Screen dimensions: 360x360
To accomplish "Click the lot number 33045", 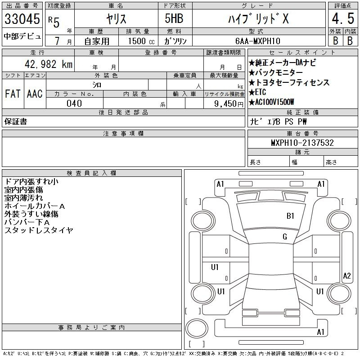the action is tap(22, 19).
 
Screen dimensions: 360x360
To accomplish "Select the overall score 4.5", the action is tap(343, 18).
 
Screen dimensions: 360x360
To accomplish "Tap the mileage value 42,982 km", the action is tap(49, 64).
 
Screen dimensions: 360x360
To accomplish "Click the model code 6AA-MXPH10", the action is tap(257, 41).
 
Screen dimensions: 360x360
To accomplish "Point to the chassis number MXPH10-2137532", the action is tap(302, 143).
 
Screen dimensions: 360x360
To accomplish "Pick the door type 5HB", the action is tap(174, 18).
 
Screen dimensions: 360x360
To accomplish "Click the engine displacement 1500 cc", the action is tap(141, 41).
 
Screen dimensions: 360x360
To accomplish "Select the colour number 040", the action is tap(74, 103).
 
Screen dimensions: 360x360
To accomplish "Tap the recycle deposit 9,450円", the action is tap(229, 104).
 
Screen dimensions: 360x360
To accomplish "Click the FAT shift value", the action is tap(13, 94).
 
